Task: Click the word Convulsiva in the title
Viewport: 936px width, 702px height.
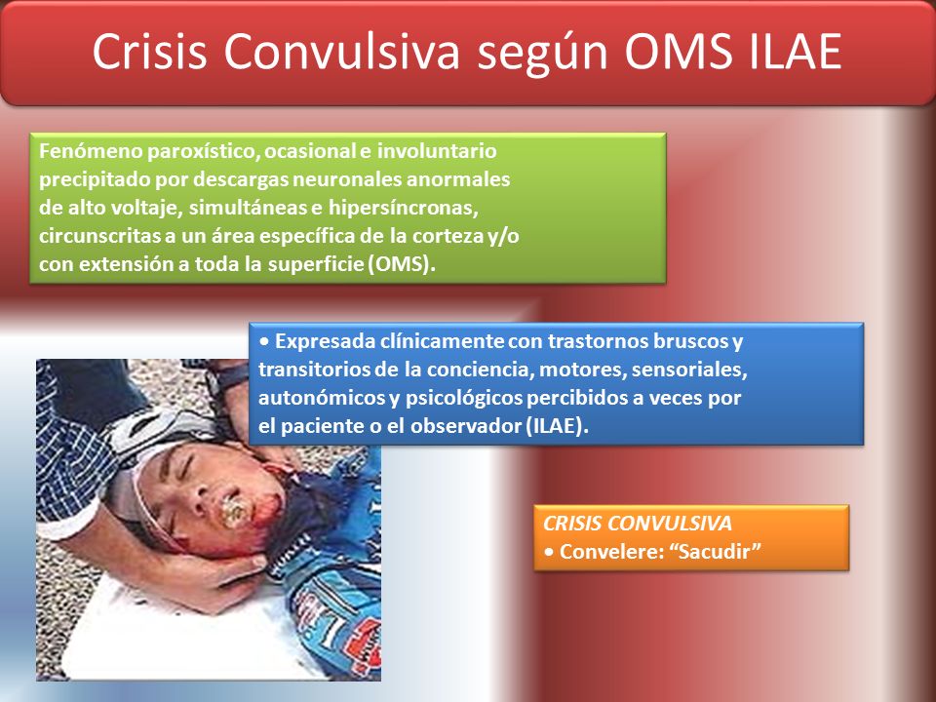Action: tap(341, 52)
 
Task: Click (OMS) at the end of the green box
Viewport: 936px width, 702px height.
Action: tap(402, 264)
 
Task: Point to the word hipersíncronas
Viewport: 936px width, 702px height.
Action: tap(403, 208)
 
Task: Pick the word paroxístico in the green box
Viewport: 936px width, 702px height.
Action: tap(203, 152)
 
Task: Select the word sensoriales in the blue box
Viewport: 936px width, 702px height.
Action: tap(689, 370)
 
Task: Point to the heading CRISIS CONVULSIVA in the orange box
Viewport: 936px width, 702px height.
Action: tap(638, 524)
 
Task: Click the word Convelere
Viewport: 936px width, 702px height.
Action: tap(612, 552)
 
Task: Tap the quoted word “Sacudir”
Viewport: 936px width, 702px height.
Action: tap(715, 552)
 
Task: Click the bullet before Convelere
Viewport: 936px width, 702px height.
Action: tap(549, 552)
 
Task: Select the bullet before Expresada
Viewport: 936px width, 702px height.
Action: tap(264, 342)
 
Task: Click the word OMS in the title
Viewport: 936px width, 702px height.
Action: tap(679, 52)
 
